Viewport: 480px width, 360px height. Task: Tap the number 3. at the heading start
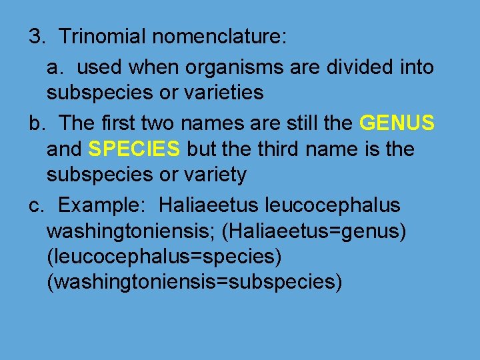(37, 37)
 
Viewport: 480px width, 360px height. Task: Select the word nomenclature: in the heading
(219, 37)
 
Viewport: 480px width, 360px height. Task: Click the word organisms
(219, 67)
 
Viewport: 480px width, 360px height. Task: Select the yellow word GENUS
(397, 123)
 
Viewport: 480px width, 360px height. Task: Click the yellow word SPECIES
(134, 149)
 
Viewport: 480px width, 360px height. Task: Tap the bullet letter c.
(37, 205)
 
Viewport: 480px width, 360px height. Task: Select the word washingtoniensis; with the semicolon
(131, 231)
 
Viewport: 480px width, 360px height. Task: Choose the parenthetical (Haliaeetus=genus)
(314, 231)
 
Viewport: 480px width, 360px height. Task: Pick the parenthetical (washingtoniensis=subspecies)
(195, 282)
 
